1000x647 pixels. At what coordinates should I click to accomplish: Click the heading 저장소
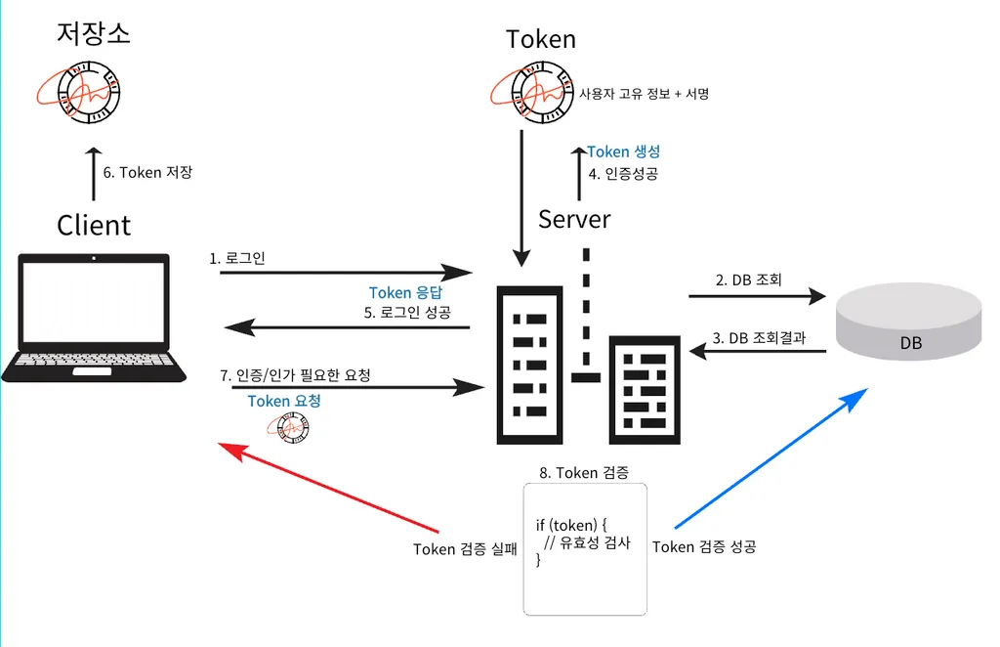pyautogui.click(x=94, y=34)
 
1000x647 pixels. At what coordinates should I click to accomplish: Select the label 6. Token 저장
pyautogui.click(x=147, y=173)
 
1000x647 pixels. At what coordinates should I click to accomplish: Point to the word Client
pyautogui.click(x=94, y=225)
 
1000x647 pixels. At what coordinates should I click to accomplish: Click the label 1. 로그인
pyautogui.click(x=237, y=259)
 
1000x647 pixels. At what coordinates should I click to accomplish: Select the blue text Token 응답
pyautogui.click(x=405, y=293)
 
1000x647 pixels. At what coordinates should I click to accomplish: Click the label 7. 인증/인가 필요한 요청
pyautogui.click(x=296, y=375)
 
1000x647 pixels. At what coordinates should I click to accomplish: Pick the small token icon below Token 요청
pyautogui.click(x=288, y=426)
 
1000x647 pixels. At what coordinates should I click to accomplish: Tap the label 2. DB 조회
pyautogui.click(x=748, y=280)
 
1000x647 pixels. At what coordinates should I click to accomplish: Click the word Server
pyautogui.click(x=574, y=219)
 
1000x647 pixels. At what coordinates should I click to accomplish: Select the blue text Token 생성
pyautogui.click(x=624, y=151)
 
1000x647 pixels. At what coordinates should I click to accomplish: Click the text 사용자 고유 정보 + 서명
pyautogui.click(x=644, y=95)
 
